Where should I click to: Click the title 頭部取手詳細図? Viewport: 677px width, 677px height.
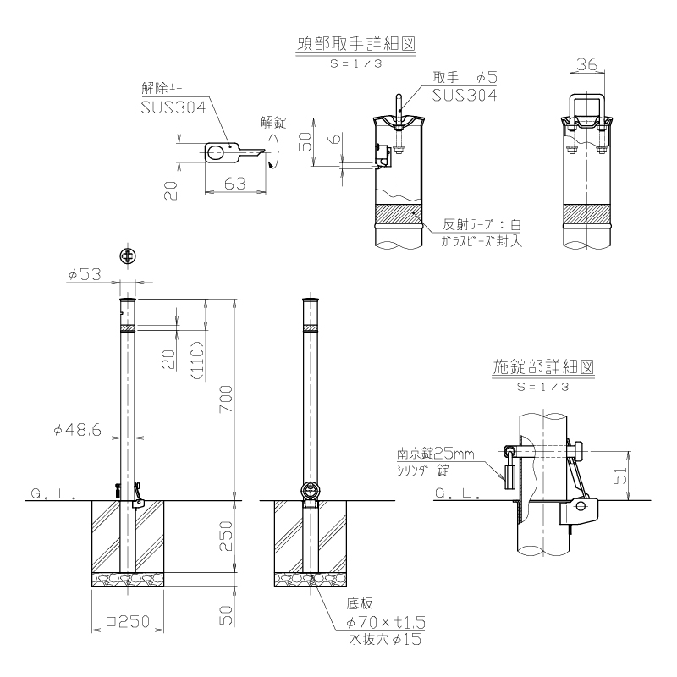point(355,44)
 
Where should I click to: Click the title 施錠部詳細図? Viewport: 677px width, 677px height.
point(543,367)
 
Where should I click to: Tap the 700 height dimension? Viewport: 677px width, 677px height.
point(226,399)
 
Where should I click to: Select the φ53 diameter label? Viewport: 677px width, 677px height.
point(85,274)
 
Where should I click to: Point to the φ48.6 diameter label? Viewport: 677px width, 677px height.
point(77,430)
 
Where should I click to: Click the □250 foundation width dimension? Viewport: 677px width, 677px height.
point(128,621)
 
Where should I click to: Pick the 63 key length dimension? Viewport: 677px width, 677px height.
point(235,184)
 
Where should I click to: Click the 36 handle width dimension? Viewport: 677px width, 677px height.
point(586,64)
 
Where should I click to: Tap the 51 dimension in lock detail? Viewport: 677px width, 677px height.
point(620,476)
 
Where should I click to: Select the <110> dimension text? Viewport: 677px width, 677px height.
point(197,361)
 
